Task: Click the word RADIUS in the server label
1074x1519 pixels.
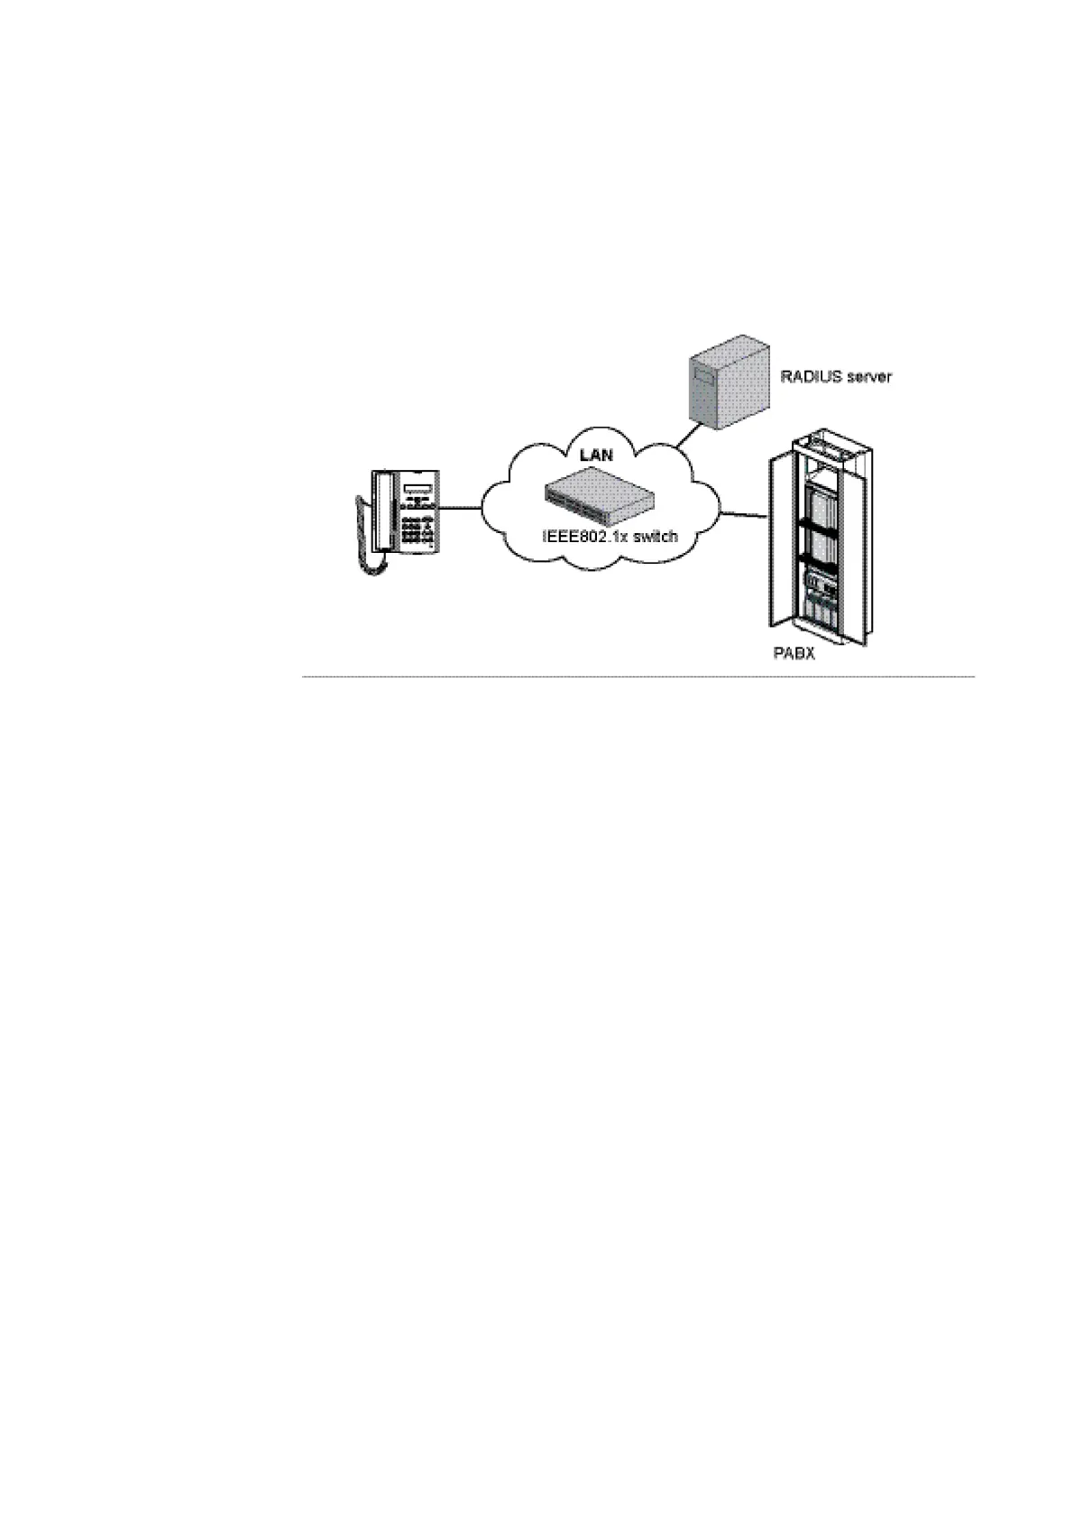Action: (807, 376)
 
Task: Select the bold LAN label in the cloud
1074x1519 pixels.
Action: (595, 455)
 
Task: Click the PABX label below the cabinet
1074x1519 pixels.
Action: (794, 653)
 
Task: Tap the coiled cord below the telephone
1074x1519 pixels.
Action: (372, 559)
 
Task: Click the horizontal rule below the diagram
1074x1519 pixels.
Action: (638, 676)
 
